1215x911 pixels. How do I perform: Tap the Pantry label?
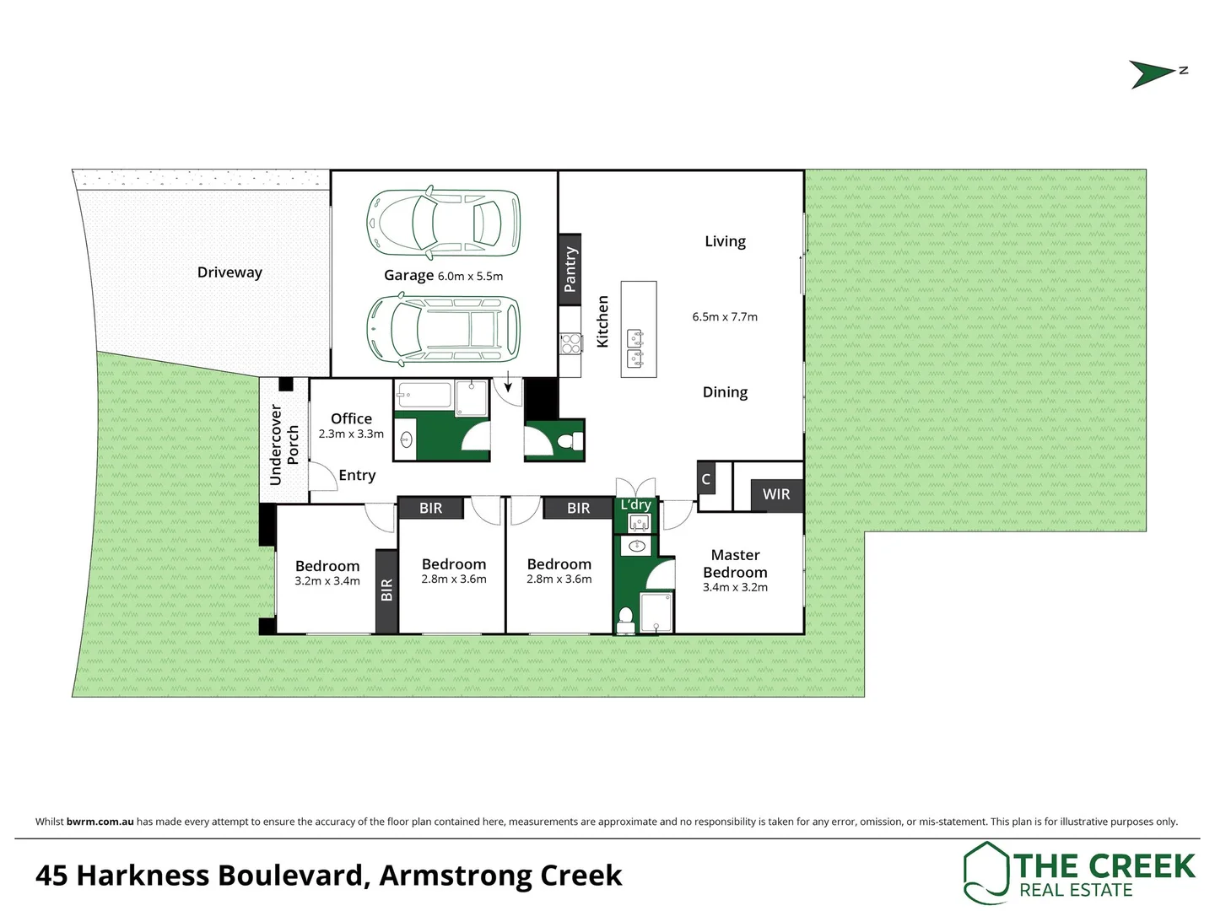point(570,269)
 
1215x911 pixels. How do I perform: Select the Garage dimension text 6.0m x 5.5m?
point(470,277)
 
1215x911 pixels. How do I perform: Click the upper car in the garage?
point(444,223)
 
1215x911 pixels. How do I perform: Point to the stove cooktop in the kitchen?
point(570,343)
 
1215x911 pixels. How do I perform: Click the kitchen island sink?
point(637,350)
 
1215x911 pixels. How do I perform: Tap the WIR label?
point(776,494)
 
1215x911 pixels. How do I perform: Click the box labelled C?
point(706,480)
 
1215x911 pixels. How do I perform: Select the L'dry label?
point(635,504)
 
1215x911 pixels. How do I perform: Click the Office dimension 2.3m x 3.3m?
point(351,434)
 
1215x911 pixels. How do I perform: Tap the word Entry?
point(357,476)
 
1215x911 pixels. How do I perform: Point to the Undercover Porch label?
point(284,445)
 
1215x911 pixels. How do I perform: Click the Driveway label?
point(229,272)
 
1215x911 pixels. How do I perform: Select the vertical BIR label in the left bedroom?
point(386,590)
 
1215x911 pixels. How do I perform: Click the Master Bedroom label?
point(735,563)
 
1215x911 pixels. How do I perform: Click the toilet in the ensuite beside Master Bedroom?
point(625,621)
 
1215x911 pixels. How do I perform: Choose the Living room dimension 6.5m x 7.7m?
point(725,317)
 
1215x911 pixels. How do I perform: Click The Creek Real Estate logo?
point(1079,873)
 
